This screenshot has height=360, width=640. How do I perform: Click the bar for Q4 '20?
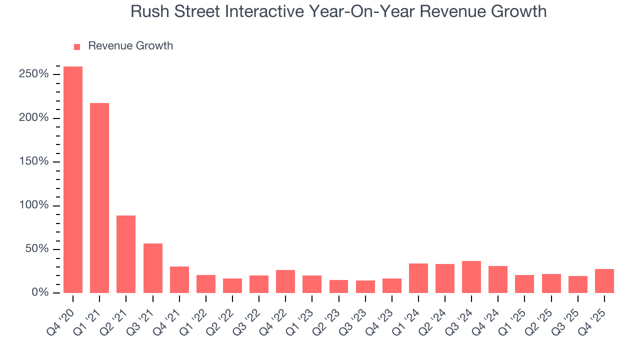73,179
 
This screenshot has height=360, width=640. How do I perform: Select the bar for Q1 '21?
99,198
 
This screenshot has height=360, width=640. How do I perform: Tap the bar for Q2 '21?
126,254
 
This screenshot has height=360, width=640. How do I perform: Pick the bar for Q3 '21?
152,268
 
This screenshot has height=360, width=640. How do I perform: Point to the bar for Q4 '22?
285,281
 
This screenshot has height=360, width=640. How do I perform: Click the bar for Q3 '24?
471,277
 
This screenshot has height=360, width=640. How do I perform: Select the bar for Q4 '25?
604,281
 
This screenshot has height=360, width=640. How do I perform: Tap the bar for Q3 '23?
365,286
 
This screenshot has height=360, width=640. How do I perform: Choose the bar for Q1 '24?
418,278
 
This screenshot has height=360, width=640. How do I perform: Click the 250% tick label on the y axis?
34,74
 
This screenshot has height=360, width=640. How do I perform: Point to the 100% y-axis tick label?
34,205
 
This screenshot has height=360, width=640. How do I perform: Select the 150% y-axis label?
34,161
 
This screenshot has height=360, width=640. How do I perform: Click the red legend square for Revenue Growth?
77,46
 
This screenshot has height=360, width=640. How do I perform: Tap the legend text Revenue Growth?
130,46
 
